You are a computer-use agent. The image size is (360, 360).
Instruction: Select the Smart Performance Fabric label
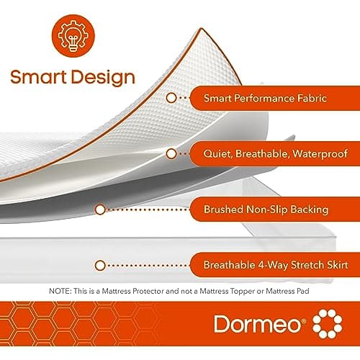click(x=264, y=97)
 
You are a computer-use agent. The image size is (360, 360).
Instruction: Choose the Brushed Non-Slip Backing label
click(x=266, y=210)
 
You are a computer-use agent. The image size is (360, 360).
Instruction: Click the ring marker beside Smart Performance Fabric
click(x=171, y=97)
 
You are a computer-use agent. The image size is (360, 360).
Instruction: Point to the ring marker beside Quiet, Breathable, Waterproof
click(x=171, y=153)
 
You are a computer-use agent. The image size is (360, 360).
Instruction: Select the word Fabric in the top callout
click(x=310, y=97)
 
